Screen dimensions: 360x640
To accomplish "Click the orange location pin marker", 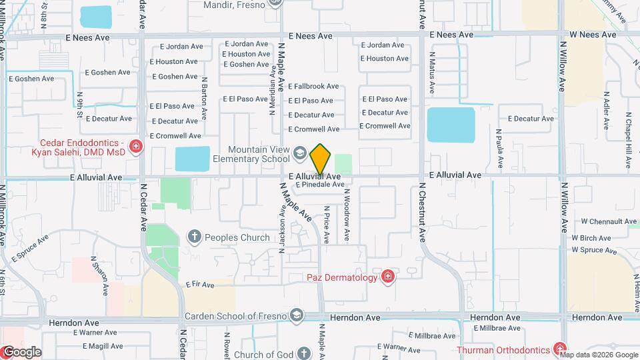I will tap(320, 159).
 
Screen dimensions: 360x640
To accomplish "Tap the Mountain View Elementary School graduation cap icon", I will tap(300, 155).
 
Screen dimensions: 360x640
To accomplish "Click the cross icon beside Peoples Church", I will tap(194, 236).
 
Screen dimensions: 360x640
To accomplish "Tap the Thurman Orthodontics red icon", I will tap(559, 349).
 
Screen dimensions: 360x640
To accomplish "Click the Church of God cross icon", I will tap(303, 353).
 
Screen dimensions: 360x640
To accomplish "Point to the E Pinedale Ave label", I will tap(319, 184).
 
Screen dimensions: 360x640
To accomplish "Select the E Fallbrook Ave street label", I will tap(313, 87).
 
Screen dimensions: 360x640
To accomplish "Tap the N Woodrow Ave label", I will tap(347, 215).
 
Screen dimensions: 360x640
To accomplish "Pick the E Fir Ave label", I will tap(201, 285).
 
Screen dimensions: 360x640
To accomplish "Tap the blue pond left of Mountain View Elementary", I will tap(193, 159).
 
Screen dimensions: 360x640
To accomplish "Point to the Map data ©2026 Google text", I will tap(603, 355).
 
